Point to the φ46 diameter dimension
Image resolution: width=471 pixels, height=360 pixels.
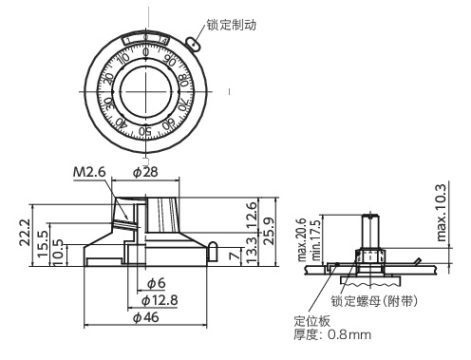pyautogui.click(x=144, y=318)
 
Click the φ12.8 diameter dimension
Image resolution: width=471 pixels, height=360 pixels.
pyautogui.click(x=156, y=300)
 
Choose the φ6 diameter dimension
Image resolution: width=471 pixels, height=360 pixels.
pyautogui.click(x=158, y=283)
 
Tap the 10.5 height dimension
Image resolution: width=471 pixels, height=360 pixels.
pyautogui.click(x=60, y=250)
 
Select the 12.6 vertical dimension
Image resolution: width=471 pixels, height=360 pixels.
pyautogui.click(x=250, y=210)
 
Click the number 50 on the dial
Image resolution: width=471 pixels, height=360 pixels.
pyautogui.click(x=146, y=131)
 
